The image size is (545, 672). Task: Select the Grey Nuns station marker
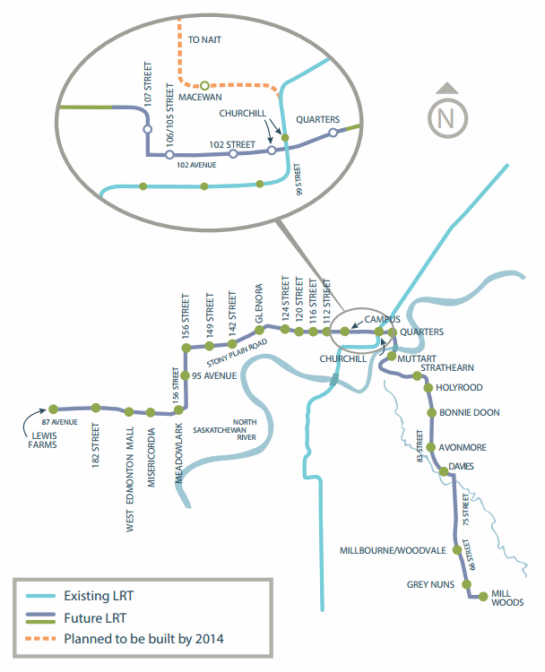pos(465,585)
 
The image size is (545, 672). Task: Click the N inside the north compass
pos(449,116)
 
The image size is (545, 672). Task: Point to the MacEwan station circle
pos(205,85)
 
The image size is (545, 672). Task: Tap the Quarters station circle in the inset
pos(333,133)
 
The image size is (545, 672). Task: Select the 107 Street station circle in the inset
pos(148,129)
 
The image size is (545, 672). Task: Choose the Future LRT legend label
pos(95,617)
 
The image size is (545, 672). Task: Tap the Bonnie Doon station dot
pos(432,413)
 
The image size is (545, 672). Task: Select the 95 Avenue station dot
pos(185,376)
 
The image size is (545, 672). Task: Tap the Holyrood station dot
pos(428,387)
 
